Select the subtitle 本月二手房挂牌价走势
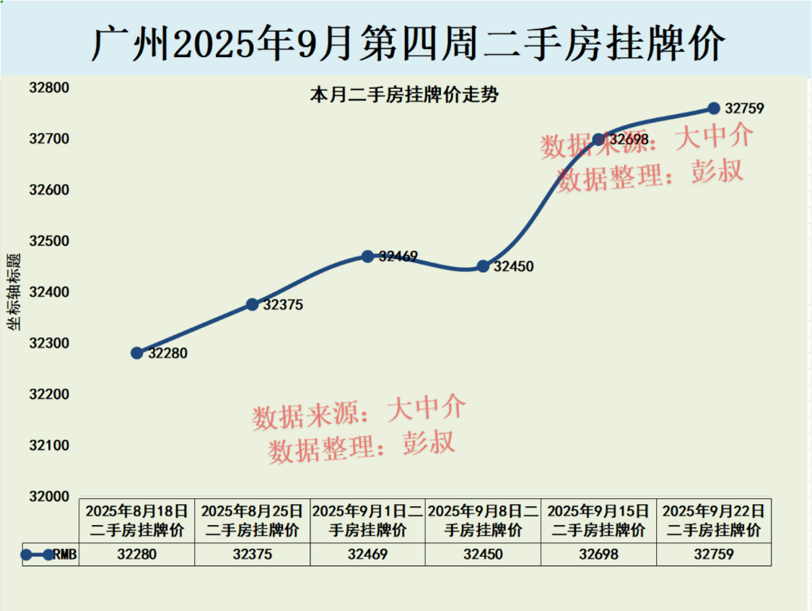point(403,95)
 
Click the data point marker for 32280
point(137,352)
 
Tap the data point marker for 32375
point(252,305)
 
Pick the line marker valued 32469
point(367,256)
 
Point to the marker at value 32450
point(483,266)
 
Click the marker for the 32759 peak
point(714,108)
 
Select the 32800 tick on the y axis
point(48,88)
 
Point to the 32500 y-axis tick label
point(48,241)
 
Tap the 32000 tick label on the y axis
point(48,497)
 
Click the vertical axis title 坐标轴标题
point(14,292)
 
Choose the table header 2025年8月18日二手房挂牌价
point(137,521)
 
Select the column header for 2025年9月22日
point(714,521)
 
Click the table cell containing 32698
point(598,555)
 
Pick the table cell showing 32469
point(367,555)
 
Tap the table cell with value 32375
point(252,555)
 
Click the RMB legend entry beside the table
point(51,555)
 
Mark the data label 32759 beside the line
point(744,109)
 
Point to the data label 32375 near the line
point(283,305)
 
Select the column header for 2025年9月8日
point(483,521)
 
